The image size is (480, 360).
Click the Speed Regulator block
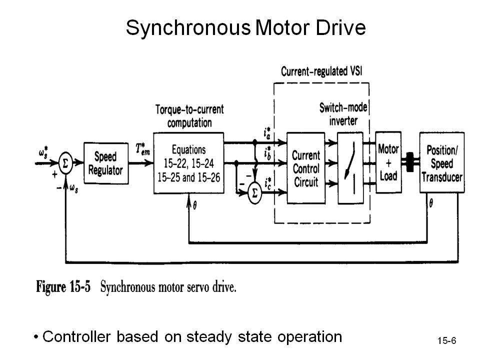click(x=105, y=163)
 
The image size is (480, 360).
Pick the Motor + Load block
click(x=388, y=162)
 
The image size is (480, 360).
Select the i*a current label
click(x=267, y=133)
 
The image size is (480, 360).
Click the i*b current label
click(x=267, y=152)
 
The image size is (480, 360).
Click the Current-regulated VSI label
click(x=321, y=71)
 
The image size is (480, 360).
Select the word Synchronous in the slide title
click(x=187, y=28)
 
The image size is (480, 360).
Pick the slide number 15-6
click(x=446, y=341)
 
